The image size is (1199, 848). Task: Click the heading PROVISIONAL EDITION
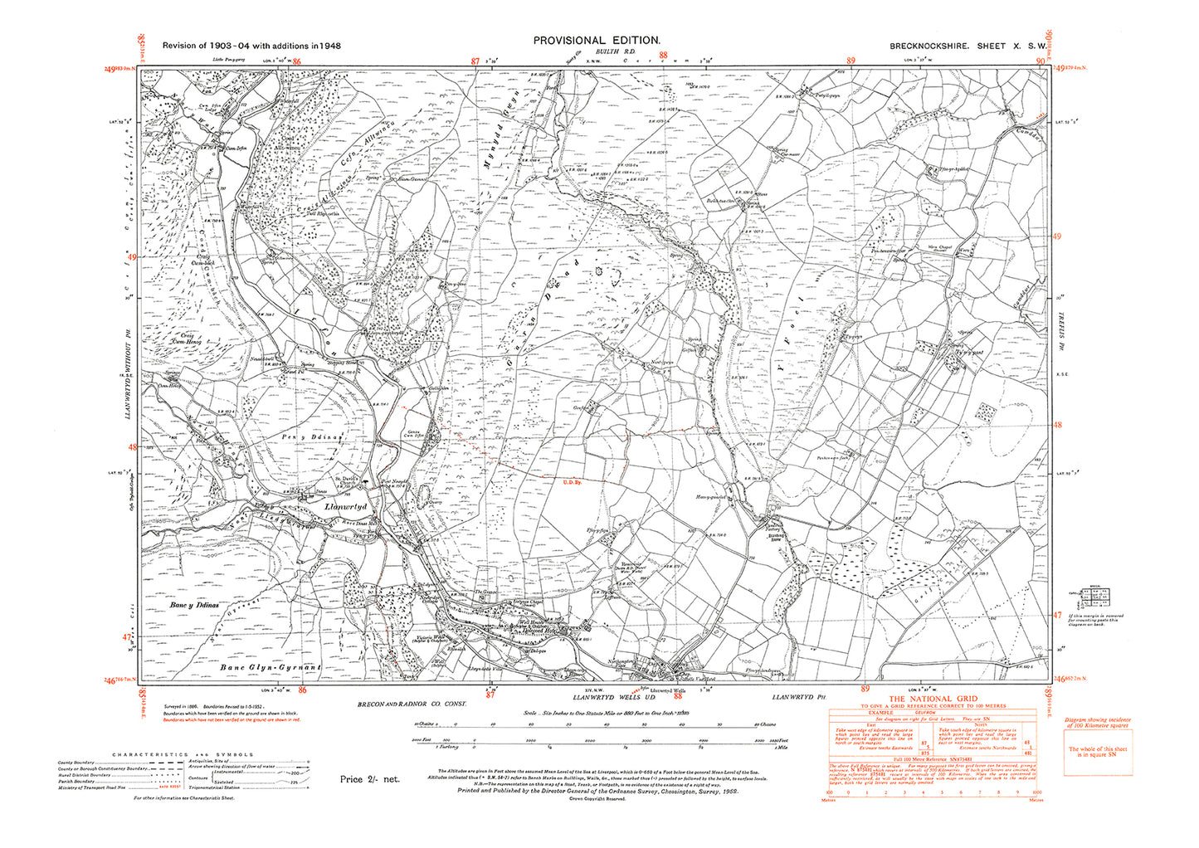coord(597,40)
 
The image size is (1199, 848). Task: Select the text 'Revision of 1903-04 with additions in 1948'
coord(251,46)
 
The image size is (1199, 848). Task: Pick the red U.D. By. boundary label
coord(570,482)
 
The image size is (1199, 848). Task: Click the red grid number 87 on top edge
coord(475,61)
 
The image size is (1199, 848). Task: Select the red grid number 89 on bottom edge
coord(865,689)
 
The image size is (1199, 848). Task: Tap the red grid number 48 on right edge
coord(1056,425)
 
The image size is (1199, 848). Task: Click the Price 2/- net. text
coord(369,779)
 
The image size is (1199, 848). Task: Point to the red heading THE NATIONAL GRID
coord(933,699)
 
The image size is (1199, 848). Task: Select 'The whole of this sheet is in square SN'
coord(1099,753)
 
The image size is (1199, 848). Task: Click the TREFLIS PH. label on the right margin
coord(1060,315)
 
